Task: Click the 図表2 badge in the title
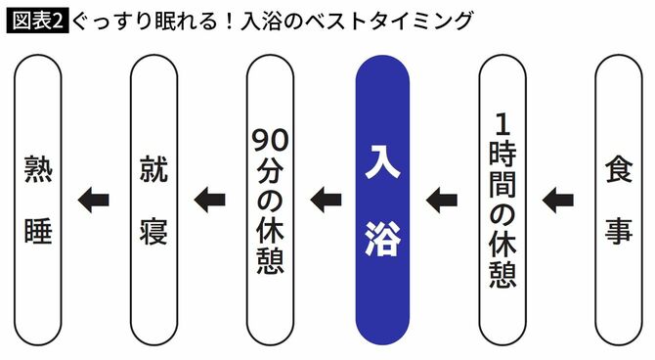pyautogui.click(x=37, y=19)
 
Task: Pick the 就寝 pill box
pyautogui.click(x=153, y=200)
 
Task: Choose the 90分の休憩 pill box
pyautogui.click(x=269, y=200)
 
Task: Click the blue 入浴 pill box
pyautogui.click(x=382, y=200)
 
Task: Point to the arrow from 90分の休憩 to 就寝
pyautogui.click(x=209, y=201)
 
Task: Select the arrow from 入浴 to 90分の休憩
pyautogui.click(x=326, y=201)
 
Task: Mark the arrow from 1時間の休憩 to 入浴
pyautogui.click(x=442, y=201)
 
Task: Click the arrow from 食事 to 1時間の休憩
pyautogui.click(x=558, y=201)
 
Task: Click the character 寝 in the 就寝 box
pyautogui.click(x=153, y=231)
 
